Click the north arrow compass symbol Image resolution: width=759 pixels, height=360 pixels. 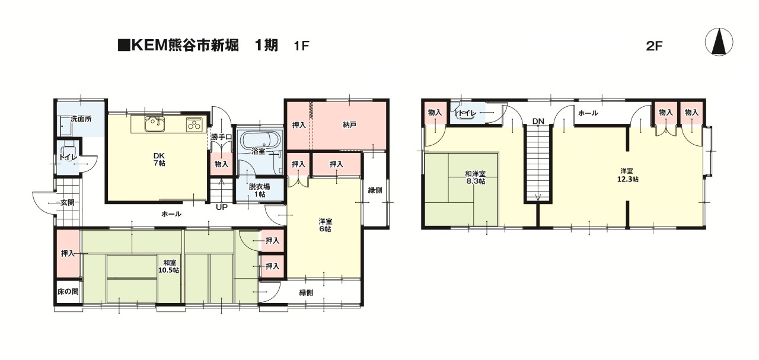coord(719,42)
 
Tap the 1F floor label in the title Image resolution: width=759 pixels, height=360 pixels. coord(301,46)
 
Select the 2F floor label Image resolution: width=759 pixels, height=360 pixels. coord(653,46)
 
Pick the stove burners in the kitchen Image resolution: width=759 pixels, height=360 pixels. coord(194,125)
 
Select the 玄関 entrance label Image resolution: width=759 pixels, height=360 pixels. coord(67,203)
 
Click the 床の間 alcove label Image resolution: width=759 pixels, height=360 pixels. coord(68,292)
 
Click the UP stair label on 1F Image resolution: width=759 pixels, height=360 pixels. coord(221,208)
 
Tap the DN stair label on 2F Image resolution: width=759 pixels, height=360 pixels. coord(538,122)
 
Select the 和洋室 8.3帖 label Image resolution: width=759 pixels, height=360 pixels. coord(475,177)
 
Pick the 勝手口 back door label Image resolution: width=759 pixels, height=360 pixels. coord(221,138)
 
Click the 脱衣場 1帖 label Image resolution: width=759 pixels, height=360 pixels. coord(259,190)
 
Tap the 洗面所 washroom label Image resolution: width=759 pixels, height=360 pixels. coord(81,119)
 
